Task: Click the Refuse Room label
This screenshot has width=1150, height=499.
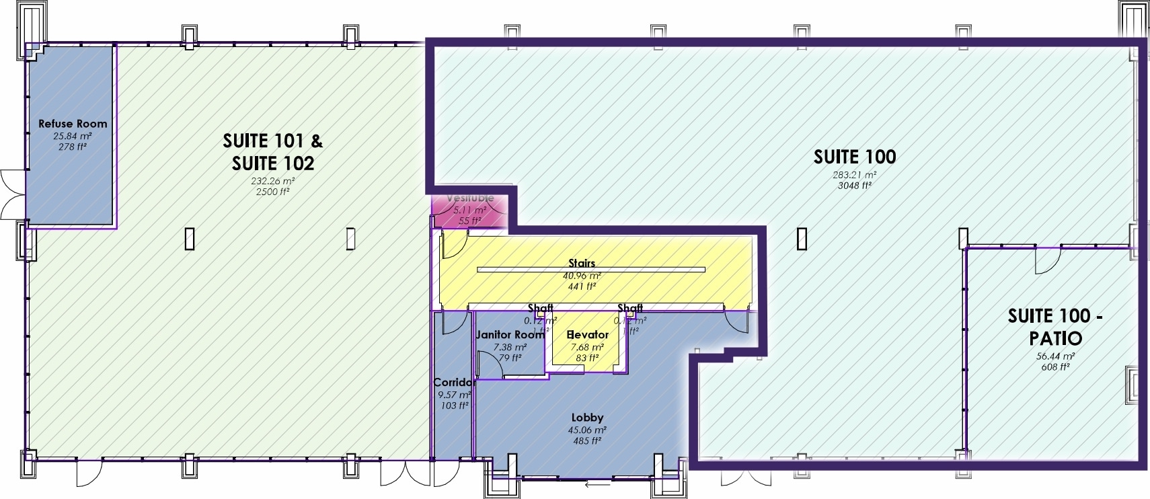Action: click(x=73, y=124)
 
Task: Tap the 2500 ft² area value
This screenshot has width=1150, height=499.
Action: click(x=272, y=192)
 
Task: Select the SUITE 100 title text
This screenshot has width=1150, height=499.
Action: click(x=855, y=157)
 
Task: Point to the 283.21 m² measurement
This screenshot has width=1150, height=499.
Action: click(x=855, y=175)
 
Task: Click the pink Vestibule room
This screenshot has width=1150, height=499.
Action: click(x=470, y=210)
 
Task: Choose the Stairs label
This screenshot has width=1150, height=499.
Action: click(x=582, y=263)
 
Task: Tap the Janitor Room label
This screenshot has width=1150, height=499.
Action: click(x=509, y=334)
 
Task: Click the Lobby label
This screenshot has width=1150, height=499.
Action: click(x=587, y=418)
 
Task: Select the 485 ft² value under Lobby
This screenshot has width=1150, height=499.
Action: click(x=587, y=441)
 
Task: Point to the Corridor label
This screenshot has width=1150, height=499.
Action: click(x=453, y=382)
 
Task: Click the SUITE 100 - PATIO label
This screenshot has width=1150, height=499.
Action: click(x=1055, y=327)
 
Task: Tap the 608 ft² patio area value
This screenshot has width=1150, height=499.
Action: click(x=1055, y=367)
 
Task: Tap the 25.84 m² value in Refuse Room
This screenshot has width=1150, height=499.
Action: click(x=73, y=136)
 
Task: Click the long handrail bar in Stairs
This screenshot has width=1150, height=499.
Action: click(x=590, y=270)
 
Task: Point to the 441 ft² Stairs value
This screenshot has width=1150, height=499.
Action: click(x=582, y=286)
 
